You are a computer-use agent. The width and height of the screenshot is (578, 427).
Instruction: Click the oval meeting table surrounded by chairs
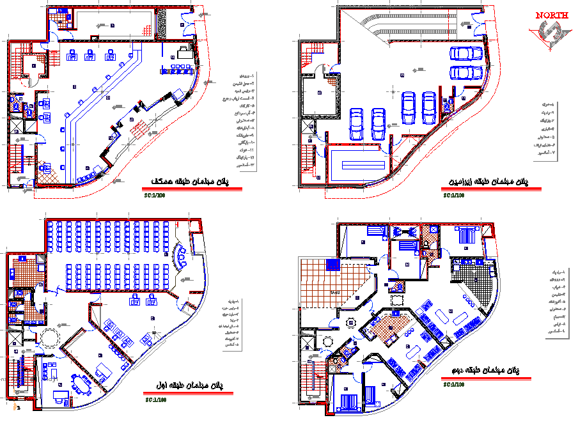click(81, 384)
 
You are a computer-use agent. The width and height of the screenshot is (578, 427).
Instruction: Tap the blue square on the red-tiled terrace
click(332, 265)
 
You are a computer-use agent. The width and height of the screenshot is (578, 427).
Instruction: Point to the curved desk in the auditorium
click(181, 256)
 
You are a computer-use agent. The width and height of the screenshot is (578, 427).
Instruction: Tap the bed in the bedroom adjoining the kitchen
click(465, 235)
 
